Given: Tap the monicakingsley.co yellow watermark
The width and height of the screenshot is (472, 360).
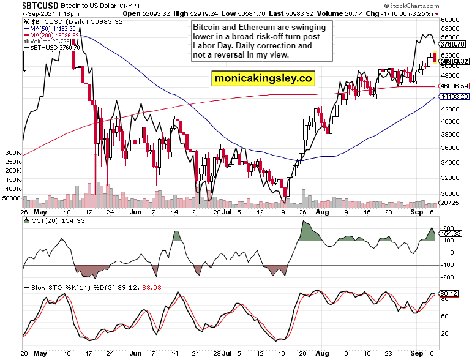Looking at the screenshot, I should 263,78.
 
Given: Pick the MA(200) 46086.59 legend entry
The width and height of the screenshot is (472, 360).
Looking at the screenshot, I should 55,35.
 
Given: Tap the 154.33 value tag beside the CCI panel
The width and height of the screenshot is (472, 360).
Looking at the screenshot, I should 452,234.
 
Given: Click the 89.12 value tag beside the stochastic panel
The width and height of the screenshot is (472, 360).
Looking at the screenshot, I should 450,293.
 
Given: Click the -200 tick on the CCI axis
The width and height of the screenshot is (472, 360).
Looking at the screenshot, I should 449,277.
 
